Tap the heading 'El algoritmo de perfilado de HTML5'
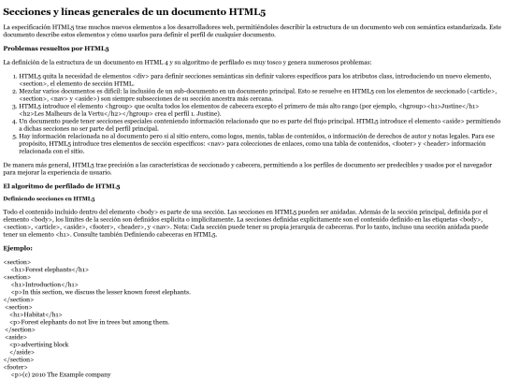click(65, 186)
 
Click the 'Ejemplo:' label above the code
click(20, 248)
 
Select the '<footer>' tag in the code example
click(16, 366)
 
